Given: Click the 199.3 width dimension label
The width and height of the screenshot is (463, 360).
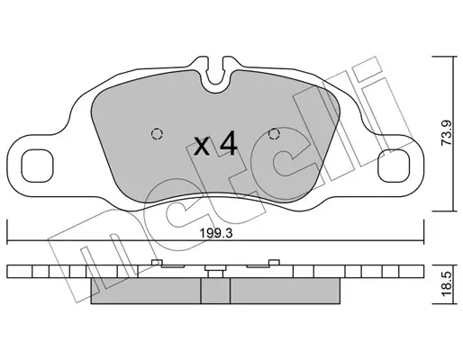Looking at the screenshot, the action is click(216, 233).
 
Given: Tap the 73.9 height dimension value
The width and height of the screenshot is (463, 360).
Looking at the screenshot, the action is click(447, 132).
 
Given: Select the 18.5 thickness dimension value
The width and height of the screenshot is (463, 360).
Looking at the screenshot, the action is click(447, 283).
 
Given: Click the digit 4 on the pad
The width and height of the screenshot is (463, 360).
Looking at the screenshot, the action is click(228, 144).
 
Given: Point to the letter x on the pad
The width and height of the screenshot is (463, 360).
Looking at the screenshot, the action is click(202, 146).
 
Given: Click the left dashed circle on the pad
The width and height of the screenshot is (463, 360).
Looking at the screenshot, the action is click(157, 133).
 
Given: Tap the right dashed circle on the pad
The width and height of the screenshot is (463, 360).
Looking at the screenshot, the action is click(274, 133).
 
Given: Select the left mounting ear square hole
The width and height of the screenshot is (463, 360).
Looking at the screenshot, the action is click(37, 166).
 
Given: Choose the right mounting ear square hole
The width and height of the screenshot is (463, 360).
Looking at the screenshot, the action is click(394, 166).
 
